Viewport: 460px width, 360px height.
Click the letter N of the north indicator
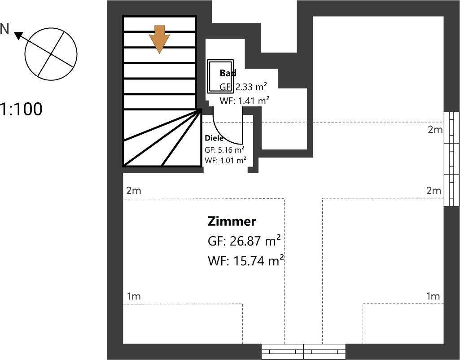coord(5,29)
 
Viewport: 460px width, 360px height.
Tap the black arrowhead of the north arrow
coord(18,35)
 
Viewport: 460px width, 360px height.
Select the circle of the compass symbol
coord(51,52)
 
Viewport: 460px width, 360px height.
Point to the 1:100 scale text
coord(21,109)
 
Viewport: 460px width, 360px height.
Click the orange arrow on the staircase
coord(159,39)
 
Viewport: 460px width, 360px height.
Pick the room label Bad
coord(228,73)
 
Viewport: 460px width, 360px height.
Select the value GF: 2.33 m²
coord(244,87)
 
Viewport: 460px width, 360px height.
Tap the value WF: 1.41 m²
coord(245,101)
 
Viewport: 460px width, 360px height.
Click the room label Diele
coord(214,138)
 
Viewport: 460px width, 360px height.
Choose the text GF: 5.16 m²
coord(224,149)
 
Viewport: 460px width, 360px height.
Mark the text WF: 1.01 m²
coord(225,160)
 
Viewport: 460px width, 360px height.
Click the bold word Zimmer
coord(232,221)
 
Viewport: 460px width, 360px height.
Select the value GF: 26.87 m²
coord(244,241)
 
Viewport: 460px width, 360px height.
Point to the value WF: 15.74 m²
coord(245,260)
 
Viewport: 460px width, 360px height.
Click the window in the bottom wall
coord(303,351)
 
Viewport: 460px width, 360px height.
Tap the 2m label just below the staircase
coord(133,191)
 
